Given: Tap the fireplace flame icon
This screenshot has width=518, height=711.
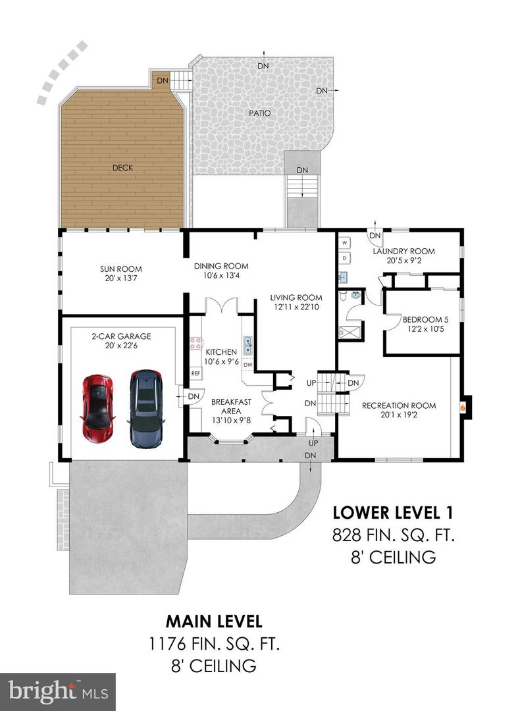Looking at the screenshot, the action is (463, 408).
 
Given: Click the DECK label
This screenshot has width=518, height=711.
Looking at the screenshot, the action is (123, 168).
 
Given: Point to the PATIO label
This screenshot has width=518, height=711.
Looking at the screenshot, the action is (260, 113).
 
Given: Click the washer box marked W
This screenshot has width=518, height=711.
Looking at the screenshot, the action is (345, 243).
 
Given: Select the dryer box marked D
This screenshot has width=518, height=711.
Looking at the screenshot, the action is (345, 258).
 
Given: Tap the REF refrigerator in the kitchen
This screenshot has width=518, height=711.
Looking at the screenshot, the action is (195, 374).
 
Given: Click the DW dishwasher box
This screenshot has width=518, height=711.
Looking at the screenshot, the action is (248, 365).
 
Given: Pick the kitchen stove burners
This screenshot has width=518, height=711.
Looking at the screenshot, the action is (195, 343).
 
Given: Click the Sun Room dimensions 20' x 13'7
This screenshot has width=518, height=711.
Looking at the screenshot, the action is (120, 278).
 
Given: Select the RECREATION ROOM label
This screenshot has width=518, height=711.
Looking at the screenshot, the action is (399, 406).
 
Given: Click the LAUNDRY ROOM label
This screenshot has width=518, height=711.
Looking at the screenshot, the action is (403, 251).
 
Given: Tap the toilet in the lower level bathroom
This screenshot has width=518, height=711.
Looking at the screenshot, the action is (344, 296).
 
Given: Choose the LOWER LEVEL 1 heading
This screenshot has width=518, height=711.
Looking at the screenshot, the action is (393, 512).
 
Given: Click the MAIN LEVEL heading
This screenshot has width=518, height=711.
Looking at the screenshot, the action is (214, 621).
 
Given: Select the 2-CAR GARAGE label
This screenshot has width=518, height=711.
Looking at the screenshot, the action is (121, 336).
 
